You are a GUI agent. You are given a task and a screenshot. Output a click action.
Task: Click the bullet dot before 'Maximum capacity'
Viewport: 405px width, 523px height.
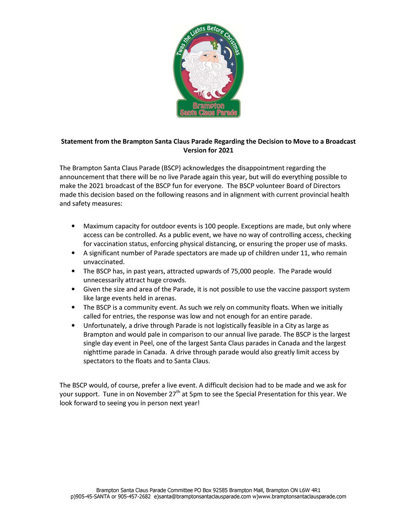[72, 227]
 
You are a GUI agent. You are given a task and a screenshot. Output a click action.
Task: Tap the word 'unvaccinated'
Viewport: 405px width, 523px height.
[104, 262]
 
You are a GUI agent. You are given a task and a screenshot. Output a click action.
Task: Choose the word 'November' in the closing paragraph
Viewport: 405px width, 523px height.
[153, 394]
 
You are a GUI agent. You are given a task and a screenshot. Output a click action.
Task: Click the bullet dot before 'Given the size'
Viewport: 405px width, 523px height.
[72, 289]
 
